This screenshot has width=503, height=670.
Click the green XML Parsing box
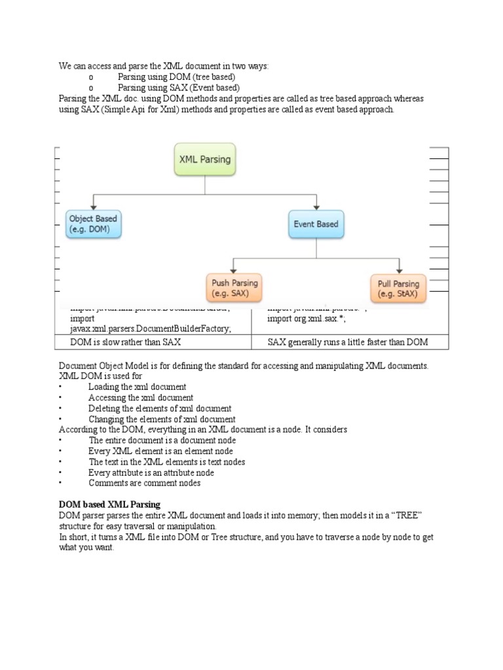pos(205,159)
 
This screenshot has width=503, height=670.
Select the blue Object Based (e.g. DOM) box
pos(94,224)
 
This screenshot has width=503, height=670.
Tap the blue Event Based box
pos(316,224)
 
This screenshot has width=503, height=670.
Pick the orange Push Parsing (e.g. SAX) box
pos(234,289)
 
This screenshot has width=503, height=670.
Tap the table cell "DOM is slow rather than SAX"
pos(127,342)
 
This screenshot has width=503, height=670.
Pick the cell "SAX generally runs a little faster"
pos(348,342)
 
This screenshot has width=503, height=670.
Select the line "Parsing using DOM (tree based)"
pos(176,77)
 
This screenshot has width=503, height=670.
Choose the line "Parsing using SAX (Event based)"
pos(178,88)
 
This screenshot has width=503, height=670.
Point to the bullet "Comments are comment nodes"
pos(144,483)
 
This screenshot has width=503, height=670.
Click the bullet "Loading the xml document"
pos(137,387)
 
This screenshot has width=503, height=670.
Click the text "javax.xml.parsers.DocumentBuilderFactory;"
pos(151,329)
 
